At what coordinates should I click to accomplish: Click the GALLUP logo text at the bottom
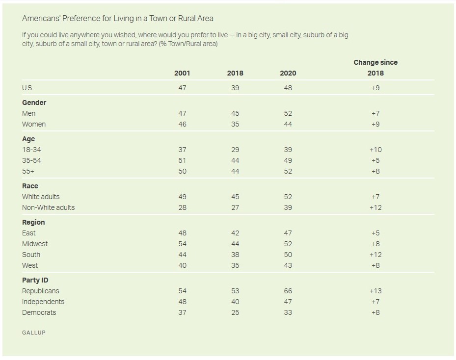click(33, 333)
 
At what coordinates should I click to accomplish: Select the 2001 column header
click(182, 73)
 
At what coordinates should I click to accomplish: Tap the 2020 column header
click(288, 73)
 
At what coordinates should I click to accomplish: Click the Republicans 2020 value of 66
click(288, 291)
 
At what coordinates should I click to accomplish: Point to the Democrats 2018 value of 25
click(235, 312)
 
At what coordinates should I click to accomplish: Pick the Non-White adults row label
click(49, 207)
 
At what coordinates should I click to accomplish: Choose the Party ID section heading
click(35, 280)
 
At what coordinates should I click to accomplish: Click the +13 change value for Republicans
click(376, 291)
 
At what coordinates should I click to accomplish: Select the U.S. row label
click(27, 88)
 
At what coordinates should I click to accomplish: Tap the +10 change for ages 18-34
click(376, 150)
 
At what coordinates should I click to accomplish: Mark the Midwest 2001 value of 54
click(182, 244)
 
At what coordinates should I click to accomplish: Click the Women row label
click(34, 124)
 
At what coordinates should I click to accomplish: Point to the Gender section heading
click(34, 103)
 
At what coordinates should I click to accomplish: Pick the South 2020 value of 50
click(288, 255)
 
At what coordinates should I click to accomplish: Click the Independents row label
click(43, 302)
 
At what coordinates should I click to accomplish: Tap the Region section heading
click(33, 222)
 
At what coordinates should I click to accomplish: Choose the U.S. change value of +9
click(376, 88)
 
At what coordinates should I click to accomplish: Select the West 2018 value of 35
click(235, 265)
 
